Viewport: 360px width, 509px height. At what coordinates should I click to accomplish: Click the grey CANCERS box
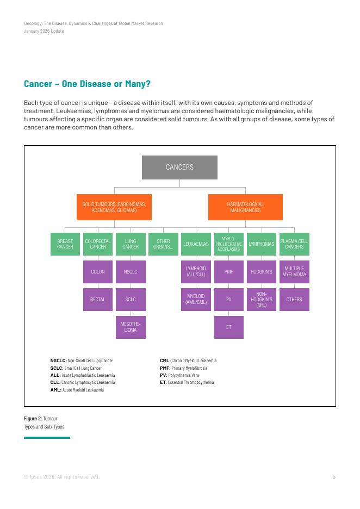(179, 167)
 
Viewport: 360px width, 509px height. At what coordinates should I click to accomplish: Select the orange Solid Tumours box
(114, 207)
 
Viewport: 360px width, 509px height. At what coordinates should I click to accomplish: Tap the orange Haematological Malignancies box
(245, 207)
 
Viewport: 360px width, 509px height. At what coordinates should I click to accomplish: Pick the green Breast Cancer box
(65, 244)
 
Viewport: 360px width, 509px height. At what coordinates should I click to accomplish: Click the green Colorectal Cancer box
(98, 244)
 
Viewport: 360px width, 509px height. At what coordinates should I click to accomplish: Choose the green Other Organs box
(163, 244)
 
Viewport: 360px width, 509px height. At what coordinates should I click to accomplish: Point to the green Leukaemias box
(196, 244)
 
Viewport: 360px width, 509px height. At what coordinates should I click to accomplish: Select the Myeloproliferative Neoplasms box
(229, 244)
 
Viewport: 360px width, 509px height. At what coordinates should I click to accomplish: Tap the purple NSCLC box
(131, 271)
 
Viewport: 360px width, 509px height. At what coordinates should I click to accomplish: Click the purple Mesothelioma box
(131, 327)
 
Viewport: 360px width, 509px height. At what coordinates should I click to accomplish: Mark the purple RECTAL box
(98, 299)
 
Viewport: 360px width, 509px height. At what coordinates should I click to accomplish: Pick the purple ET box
(229, 327)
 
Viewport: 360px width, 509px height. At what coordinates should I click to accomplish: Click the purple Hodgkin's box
(262, 271)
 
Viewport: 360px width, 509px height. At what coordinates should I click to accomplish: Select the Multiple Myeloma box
(294, 271)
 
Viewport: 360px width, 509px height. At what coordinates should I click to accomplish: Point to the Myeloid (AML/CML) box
(196, 299)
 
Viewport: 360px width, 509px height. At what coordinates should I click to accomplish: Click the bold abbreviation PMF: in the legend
(165, 368)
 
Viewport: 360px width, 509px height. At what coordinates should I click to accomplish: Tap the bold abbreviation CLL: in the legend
(55, 382)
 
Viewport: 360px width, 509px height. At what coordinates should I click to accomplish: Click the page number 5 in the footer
(334, 477)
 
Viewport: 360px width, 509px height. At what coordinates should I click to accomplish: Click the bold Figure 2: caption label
(33, 419)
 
